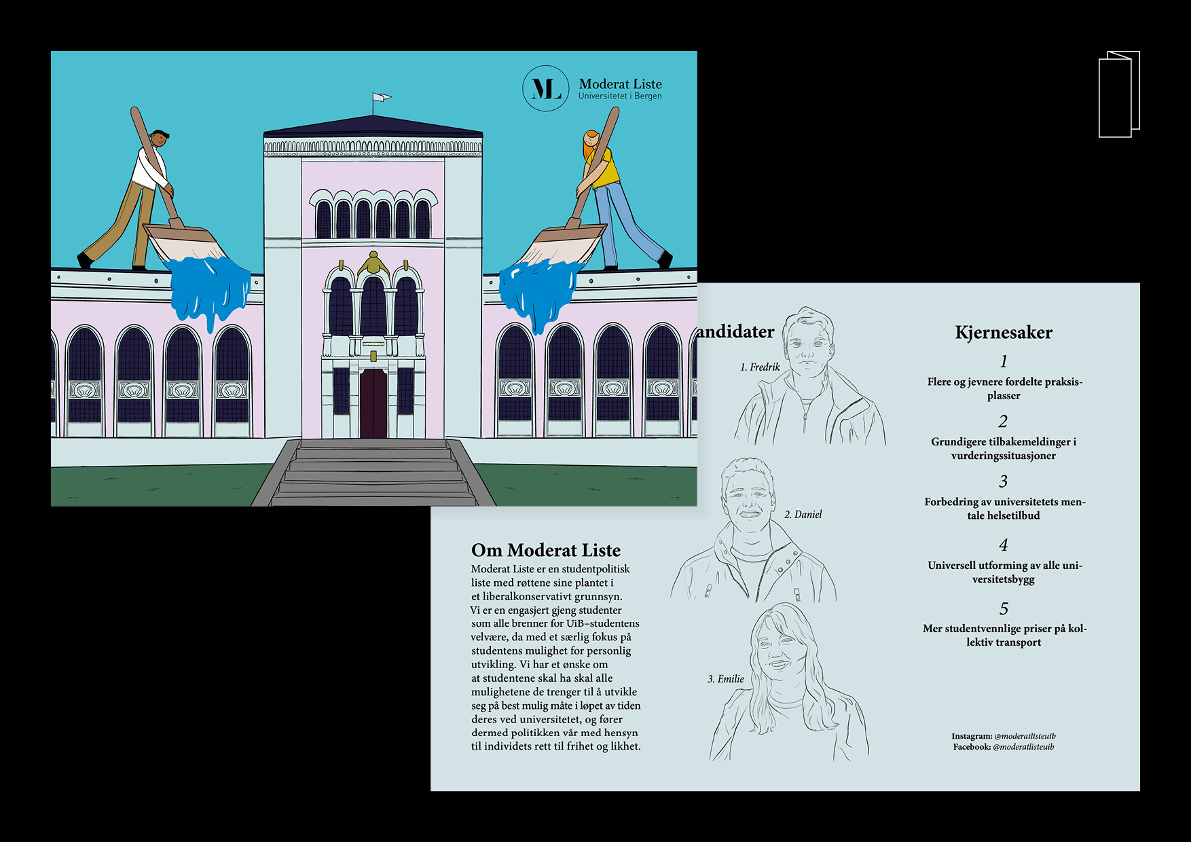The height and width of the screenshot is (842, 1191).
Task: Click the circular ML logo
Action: click(545, 88)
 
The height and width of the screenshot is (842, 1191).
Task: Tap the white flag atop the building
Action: click(382, 97)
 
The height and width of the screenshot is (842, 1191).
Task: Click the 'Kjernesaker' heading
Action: click(1004, 332)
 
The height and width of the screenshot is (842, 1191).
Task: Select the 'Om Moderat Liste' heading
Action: click(546, 550)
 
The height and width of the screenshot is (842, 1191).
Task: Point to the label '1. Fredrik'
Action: click(760, 367)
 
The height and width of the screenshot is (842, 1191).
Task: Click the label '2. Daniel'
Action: click(803, 515)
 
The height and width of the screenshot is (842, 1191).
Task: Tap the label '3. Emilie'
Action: click(726, 679)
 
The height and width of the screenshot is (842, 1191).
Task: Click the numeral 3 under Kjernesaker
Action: click(1004, 481)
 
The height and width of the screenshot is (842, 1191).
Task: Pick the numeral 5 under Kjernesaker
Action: click(1004, 608)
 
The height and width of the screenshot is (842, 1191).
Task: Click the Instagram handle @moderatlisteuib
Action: click(1025, 736)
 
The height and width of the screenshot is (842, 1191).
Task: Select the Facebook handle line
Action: click(1004, 747)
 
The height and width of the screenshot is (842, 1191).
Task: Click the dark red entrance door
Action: click(373, 403)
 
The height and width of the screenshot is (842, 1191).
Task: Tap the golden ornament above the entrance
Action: click(372, 262)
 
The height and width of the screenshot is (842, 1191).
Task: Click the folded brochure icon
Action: click(1119, 94)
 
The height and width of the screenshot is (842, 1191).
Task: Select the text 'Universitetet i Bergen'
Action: click(620, 96)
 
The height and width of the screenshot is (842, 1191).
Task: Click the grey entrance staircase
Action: click(373, 473)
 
